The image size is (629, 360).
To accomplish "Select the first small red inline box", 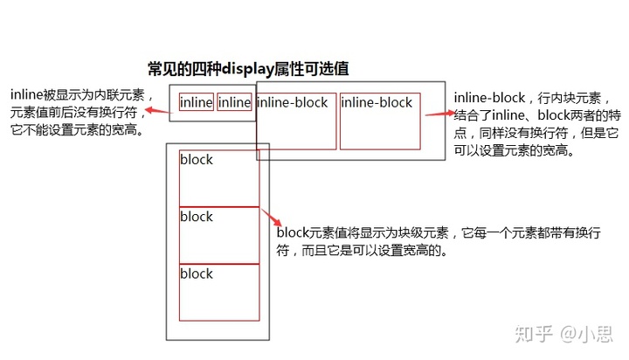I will tap(196, 102).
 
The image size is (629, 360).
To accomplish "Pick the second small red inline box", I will tap(234, 102).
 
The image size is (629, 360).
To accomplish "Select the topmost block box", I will tap(219, 178).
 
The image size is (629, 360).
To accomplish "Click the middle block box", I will tap(219, 235).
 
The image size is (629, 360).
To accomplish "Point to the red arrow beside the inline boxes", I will tap(157, 110).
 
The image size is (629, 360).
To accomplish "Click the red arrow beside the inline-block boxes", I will tap(438, 114).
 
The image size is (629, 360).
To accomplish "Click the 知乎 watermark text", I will tap(535, 333).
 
